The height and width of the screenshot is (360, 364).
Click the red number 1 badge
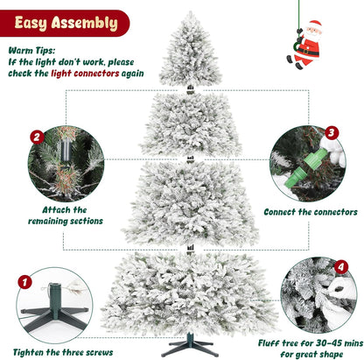pos(24,284)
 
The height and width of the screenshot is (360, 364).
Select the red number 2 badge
pos(36,138)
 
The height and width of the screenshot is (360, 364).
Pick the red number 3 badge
pos(331,133)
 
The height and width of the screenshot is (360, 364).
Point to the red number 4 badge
pos(341,266)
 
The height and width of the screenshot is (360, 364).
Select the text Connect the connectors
pos(310,212)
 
